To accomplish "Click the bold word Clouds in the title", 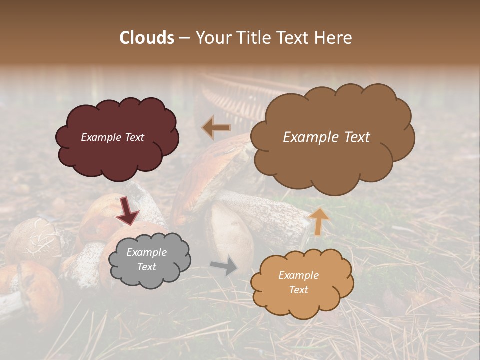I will (x=146, y=38).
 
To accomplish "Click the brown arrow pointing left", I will (x=216, y=128).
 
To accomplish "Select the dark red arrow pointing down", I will (x=127, y=211).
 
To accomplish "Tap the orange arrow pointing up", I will (x=318, y=221).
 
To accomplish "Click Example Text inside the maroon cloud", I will (x=112, y=137).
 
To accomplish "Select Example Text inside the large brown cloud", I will (x=326, y=137).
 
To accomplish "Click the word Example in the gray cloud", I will (x=146, y=253).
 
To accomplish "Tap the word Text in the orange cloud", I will (x=298, y=290).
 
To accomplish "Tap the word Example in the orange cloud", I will (x=298, y=275).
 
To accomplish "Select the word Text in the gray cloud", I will (x=146, y=267).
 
